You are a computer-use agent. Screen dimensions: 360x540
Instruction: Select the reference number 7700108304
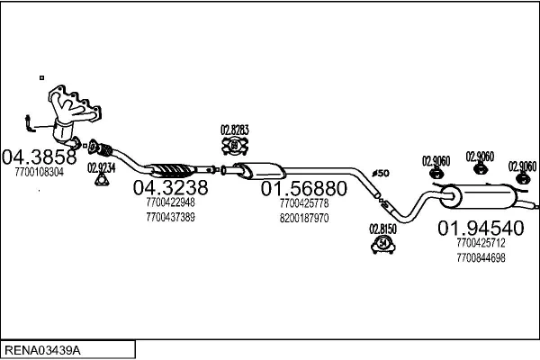[40, 172]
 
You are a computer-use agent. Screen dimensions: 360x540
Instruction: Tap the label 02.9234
[101, 167]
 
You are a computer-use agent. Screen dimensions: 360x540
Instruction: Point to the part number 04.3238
[170, 187]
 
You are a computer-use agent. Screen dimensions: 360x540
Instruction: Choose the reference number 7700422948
[170, 202]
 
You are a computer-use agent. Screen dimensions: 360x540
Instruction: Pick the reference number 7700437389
[170, 217]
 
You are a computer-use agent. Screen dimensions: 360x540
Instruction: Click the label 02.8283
[235, 130]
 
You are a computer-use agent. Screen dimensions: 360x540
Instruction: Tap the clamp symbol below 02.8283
[234, 146]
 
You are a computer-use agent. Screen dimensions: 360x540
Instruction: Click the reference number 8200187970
[304, 218]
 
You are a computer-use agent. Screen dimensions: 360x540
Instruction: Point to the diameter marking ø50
[380, 173]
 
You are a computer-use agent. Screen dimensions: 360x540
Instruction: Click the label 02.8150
[382, 229]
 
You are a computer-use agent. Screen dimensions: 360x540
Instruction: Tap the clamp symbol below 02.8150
[382, 244]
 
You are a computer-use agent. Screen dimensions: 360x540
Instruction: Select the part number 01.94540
[480, 228]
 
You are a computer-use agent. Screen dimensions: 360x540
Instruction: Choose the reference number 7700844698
[481, 257]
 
